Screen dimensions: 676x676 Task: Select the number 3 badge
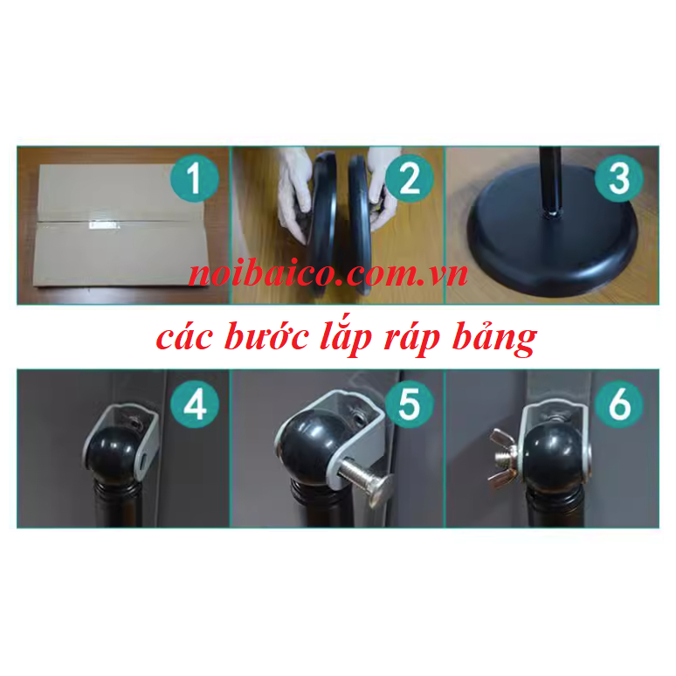coord(618,180)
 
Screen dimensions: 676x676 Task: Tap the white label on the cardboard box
coord(103,225)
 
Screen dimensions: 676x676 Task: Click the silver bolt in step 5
coord(366,477)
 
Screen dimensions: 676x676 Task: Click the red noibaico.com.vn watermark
coord(329,274)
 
